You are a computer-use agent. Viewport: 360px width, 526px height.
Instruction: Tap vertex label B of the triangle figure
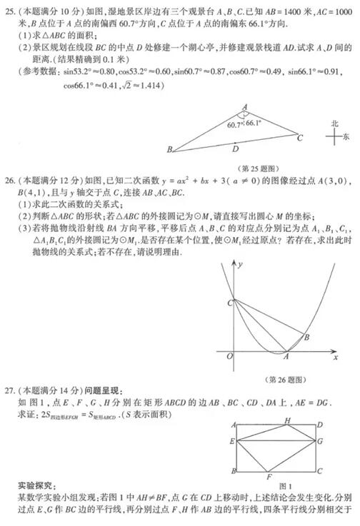click(169, 150)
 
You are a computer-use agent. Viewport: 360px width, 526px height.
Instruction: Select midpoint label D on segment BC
click(236, 150)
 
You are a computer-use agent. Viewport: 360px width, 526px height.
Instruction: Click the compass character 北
click(334, 123)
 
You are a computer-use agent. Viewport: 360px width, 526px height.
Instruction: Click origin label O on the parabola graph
click(226, 356)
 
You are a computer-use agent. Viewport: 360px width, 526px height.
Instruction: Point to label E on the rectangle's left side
click(233, 442)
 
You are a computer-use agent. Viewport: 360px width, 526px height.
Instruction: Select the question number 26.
click(8, 180)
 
